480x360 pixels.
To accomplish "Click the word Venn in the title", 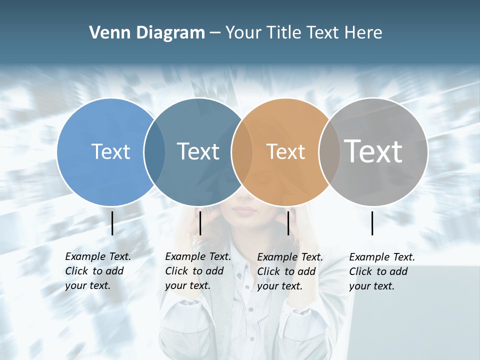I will (x=107, y=33).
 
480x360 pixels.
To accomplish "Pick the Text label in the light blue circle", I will (x=110, y=151).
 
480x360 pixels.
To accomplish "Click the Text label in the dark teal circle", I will (x=198, y=151).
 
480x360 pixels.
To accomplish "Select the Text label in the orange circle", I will (x=285, y=151).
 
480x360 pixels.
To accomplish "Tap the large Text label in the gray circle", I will (x=373, y=151).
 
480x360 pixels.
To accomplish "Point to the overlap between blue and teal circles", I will (x=154, y=152).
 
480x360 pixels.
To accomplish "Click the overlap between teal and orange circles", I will (x=242, y=152).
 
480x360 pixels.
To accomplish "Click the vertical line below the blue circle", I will (x=112, y=223).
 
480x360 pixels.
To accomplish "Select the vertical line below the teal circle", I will (x=200, y=223).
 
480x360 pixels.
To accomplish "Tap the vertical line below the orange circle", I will (x=288, y=223).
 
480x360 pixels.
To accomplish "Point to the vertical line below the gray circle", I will (x=372, y=223).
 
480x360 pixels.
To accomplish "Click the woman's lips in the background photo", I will (x=245, y=209).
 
